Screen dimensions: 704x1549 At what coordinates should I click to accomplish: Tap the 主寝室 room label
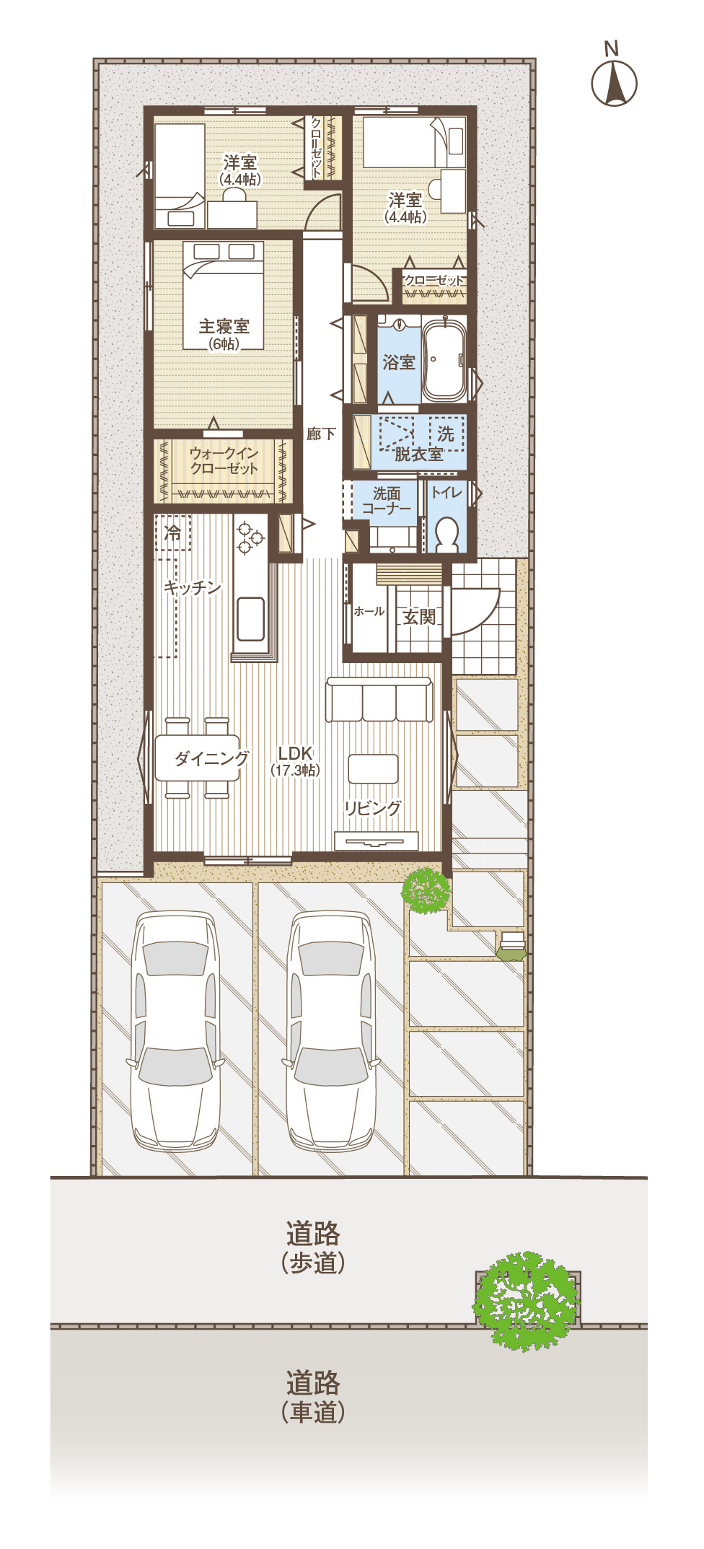(x=224, y=326)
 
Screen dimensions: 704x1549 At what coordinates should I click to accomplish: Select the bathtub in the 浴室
(x=444, y=360)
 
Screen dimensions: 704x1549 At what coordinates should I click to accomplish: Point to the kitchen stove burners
(x=250, y=537)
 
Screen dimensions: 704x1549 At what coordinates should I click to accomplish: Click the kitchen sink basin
(x=250, y=618)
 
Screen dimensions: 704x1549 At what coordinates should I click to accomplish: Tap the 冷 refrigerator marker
(x=173, y=532)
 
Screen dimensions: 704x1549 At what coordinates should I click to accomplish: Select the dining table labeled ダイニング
(x=197, y=758)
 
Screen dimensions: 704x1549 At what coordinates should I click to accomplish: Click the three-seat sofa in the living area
(x=379, y=699)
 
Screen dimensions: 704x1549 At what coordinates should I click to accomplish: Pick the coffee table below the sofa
(x=373, y=768)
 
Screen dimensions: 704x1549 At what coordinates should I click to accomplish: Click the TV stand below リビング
(x=377, y=841)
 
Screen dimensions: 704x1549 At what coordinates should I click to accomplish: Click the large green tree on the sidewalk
(x=527, y=1301)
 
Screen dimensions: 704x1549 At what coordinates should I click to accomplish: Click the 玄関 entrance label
(x=419, y=617)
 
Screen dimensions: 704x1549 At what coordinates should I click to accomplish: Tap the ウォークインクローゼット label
(x=224, y=460)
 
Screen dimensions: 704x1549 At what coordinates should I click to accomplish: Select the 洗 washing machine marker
(x=446, y=434)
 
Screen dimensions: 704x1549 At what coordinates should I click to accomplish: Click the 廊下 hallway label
(x=321, y=434)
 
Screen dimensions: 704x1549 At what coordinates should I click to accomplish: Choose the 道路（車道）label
(x=313, y=1397)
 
